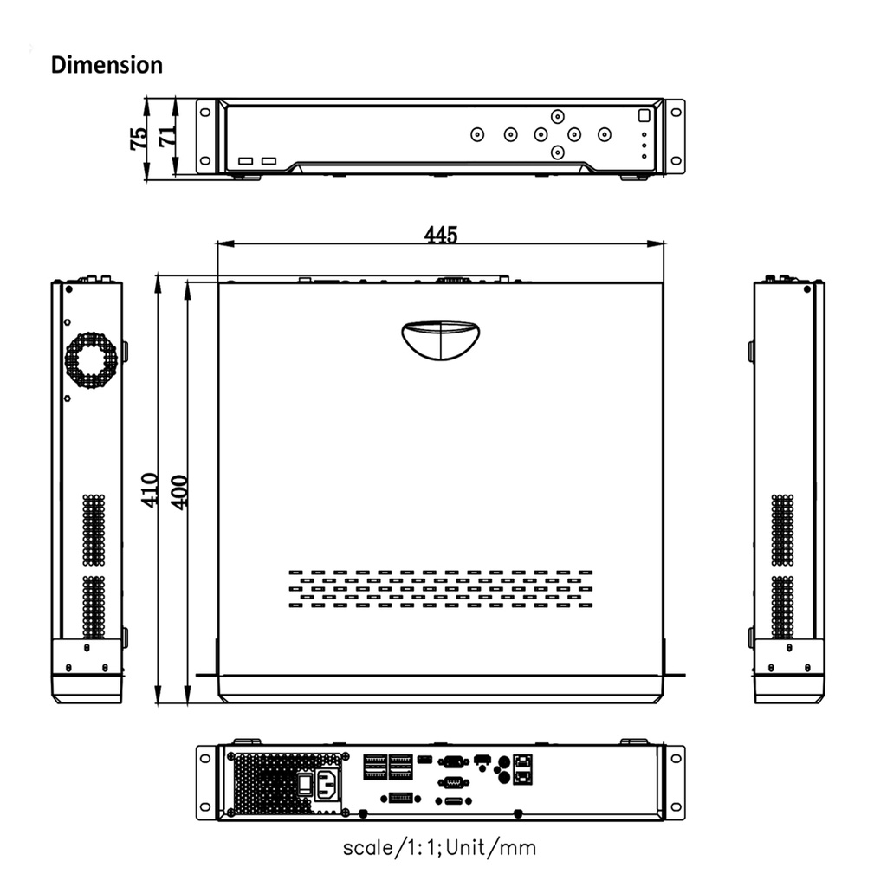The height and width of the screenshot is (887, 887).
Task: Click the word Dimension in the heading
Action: point(107,65)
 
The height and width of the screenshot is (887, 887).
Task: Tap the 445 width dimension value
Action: point(441,235)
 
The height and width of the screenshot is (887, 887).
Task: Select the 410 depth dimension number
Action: point(150,490)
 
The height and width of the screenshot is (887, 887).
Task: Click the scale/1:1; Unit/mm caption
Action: point(439,846)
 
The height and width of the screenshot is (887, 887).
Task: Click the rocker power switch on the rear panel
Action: point(304,784)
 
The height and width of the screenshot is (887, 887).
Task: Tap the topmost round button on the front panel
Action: point(558,116)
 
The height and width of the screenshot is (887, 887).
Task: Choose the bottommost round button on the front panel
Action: point(558,152)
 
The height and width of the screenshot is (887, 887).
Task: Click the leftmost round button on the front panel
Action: point(477,134)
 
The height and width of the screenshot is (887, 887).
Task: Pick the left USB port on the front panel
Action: point(246,161)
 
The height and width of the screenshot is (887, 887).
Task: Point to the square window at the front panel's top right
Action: point(644,115)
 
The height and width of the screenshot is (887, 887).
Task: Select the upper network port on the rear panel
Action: point(524,762)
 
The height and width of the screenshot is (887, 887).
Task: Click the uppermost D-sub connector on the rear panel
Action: point(452,762)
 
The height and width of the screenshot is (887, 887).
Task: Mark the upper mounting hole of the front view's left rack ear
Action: point(205,111)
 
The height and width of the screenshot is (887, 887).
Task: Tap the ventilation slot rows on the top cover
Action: point(440,589)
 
